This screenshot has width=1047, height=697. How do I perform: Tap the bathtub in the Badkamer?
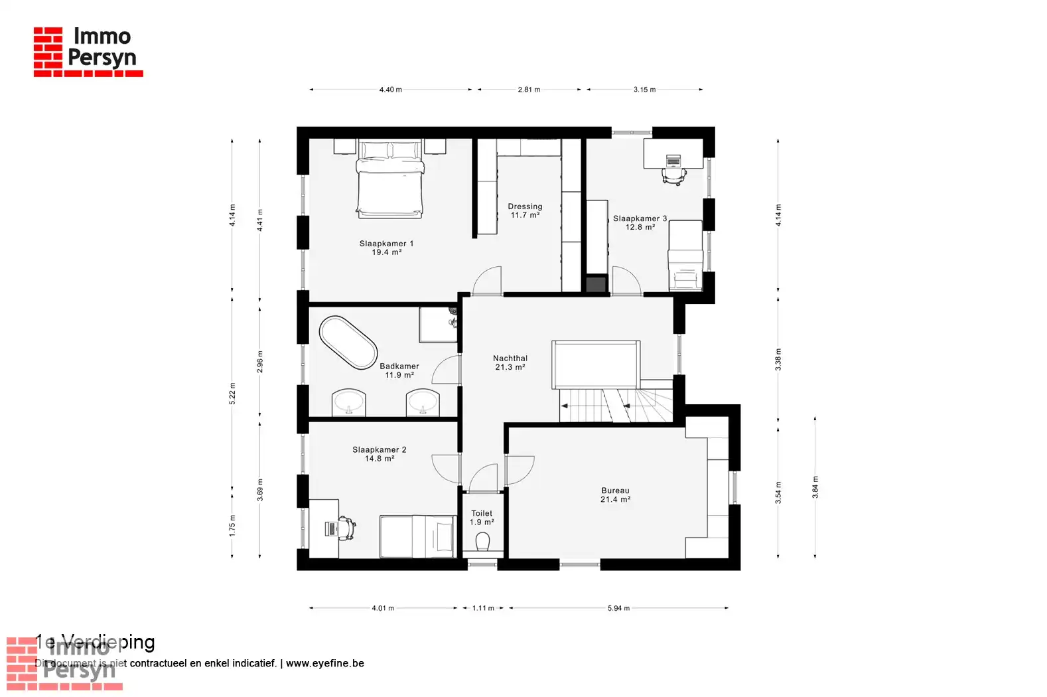(348, 343)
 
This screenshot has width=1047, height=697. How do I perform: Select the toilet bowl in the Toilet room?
(482, 543)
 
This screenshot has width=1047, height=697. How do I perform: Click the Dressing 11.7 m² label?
(525, 210)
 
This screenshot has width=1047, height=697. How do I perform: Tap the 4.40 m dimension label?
(390, 90)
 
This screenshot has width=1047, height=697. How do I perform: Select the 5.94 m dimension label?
(618, 608)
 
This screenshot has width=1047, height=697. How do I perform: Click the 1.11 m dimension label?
(483, 608)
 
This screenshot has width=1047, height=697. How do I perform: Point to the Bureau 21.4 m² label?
(615, 495)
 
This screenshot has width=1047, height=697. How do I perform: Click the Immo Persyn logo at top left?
(88, 51)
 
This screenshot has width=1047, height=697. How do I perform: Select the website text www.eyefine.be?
(324, 663)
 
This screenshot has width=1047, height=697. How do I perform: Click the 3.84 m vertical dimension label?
(815, 488)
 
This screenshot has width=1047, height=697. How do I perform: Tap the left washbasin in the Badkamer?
(348, 402)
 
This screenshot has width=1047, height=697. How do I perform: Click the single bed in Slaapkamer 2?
(417, 536)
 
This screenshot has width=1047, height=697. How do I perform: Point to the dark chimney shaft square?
(596, 283)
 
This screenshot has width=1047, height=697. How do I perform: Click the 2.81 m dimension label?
(529, 90)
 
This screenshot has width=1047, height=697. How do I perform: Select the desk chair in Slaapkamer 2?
(346, 528)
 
